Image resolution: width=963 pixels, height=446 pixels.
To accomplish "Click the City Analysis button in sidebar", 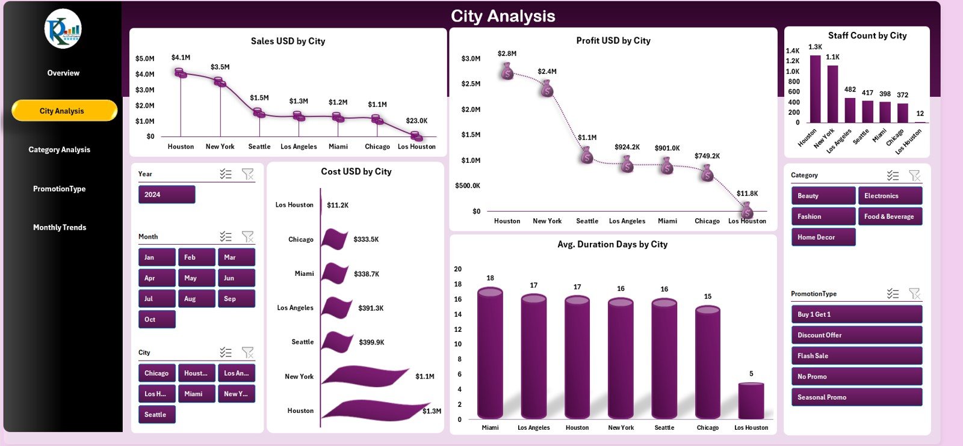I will [64, 111].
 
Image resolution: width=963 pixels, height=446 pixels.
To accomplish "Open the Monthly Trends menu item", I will [60, 227].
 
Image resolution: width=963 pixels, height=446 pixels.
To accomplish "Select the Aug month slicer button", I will [196, 299].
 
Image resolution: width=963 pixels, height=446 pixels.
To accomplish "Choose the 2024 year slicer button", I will [166, 195].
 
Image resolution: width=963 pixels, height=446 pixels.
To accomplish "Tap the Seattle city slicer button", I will [156, 415].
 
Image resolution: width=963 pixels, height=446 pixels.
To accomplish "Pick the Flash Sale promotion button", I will [855, 356].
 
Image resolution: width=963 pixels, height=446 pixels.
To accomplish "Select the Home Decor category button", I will [822, 237].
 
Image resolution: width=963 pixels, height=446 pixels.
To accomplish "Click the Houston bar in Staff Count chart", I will [815, 89].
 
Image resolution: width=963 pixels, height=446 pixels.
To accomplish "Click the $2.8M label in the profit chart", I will [507, 53].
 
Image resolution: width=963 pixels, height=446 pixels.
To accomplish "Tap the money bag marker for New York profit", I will [547, 90].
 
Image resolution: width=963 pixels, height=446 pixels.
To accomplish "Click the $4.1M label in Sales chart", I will [181, 58].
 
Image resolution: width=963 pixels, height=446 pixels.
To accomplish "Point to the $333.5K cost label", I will [366, 239].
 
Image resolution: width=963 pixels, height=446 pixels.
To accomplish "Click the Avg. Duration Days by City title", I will [612, 244].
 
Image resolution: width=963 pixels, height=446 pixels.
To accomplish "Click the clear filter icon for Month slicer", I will [247, 236].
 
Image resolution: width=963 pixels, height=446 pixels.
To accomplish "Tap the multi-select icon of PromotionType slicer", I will [893, 293].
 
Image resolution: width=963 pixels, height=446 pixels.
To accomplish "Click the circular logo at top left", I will [63, 29].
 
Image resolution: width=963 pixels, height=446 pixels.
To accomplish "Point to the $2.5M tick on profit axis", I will [471, 84].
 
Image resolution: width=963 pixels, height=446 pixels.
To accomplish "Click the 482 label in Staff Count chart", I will [850, 90].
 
